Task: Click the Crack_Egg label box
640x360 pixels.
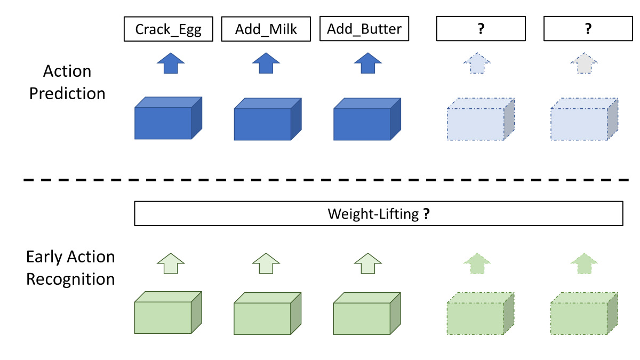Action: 168,29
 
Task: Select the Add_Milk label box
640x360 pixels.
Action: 266,29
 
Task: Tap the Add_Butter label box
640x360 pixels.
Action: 364,29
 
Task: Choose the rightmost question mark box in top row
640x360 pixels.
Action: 588,29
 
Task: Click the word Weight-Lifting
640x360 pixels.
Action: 373,214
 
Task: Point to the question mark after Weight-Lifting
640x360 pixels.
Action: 426,214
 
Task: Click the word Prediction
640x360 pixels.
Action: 67,93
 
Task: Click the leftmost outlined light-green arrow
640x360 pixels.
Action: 171,263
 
